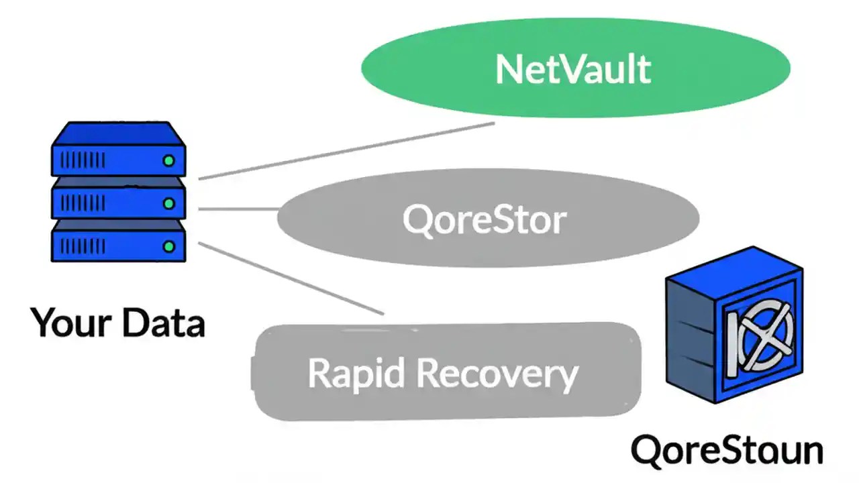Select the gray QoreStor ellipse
(x=488, y=219)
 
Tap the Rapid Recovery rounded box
(x=446, y=372)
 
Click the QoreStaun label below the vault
(x=727, y=450)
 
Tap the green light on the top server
(x=169, y=160)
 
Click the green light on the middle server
(x=169, y=203)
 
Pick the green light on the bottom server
(x=169, y=246)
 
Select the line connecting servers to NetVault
(x=346, y=151)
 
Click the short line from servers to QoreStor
(x=239, y=209)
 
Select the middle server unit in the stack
(x=118, y=201)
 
